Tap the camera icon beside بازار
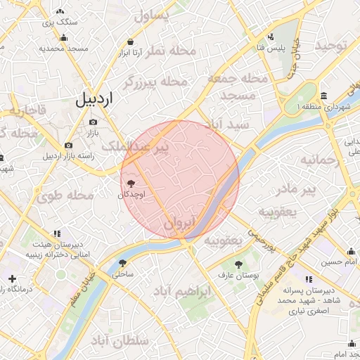tap(94, 122)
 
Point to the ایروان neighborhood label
tap(179, 224)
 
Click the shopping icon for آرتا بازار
tap(131, 41)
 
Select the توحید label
tap(331, 46)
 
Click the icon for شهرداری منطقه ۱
tap(323, 96)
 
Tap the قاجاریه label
tap(27, 110)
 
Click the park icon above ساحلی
tap(123, 263)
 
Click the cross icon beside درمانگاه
tap(12, 278)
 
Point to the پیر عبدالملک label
tap(137, 146)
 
